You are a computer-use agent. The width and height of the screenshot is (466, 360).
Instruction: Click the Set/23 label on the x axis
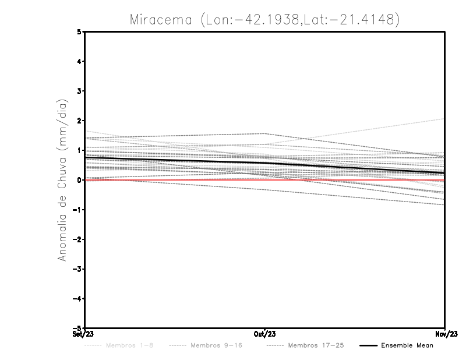[x=83, y=334]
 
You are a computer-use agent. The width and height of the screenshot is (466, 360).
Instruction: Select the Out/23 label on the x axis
[x=265, y=334]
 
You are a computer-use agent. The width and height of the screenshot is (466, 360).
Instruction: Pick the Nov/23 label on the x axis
[x=445, y=334]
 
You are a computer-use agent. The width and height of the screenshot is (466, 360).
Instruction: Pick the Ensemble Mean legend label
[x=407, y=346]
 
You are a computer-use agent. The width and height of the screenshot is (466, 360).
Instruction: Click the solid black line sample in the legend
[x=368, y=346]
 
